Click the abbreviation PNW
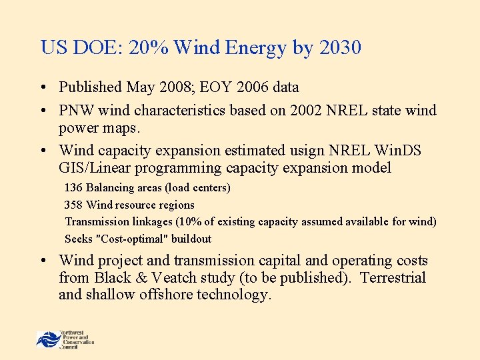pyautogui.click(x=75, y=110)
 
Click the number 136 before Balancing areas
pyautogui.click(x=73, y=188)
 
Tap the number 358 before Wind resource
pyautogui.click(x=73, y=205)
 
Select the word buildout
pyautogui.click(x=191, y=239)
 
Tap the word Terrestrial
pyautogui.click(x=393, y=277)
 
